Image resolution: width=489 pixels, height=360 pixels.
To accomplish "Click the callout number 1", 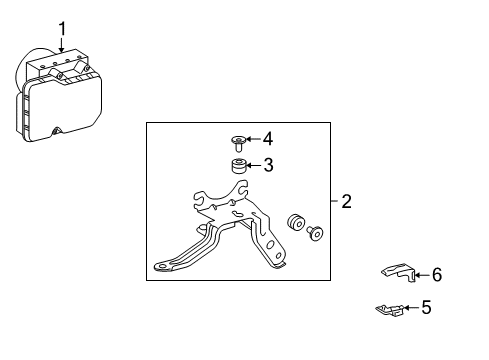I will click(x=61, y=28).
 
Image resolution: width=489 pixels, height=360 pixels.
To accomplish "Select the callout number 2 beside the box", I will click(x=346, y=202).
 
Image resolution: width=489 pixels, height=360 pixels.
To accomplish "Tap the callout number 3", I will click(x=268, y=166).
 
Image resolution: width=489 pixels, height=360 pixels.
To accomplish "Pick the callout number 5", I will click(x=426, y=308).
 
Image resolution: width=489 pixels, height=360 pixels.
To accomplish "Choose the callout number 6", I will click(x=436, y=274).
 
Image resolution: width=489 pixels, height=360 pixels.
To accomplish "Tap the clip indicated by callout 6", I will click(x=400, y=271).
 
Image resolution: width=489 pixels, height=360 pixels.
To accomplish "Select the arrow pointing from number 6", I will click(x=421, y=273).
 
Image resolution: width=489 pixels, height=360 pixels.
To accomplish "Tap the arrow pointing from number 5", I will click(x=410, y=308).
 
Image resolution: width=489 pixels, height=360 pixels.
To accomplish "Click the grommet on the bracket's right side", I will click(x=295, y=223).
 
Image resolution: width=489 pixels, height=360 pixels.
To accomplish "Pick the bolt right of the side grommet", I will click(x=317, y=233).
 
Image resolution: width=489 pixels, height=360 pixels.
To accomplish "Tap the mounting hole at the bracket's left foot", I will click(x=159, y=266).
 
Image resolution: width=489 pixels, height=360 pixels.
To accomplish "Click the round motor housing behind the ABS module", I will click(x=27, y=74).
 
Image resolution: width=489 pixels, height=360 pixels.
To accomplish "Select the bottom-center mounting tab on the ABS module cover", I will click(x=57, y=130).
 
